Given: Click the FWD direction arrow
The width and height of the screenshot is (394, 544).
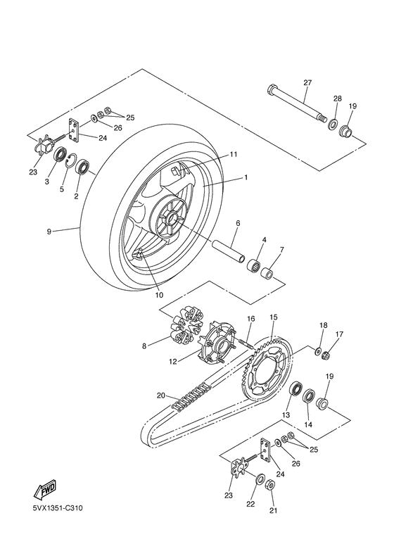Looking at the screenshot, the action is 44,489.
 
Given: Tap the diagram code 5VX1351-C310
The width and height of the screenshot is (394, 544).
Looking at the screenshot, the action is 58,509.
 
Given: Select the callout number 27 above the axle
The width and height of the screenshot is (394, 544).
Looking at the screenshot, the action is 307,82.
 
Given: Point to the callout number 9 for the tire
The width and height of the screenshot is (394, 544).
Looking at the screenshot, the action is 49,232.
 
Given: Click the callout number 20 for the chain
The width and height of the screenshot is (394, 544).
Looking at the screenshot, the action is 161,396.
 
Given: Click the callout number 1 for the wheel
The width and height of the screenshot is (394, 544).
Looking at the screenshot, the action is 246,177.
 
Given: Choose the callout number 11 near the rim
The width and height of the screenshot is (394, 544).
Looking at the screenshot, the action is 234,154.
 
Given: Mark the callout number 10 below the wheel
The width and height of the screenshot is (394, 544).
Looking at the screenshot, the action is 159,296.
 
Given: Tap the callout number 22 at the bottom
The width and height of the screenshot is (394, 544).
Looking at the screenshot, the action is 250,504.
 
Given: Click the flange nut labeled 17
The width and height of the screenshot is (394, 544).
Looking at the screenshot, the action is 326,355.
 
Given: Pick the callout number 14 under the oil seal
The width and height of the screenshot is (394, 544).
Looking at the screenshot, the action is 308,424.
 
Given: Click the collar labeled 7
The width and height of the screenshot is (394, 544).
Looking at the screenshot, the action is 267,272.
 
